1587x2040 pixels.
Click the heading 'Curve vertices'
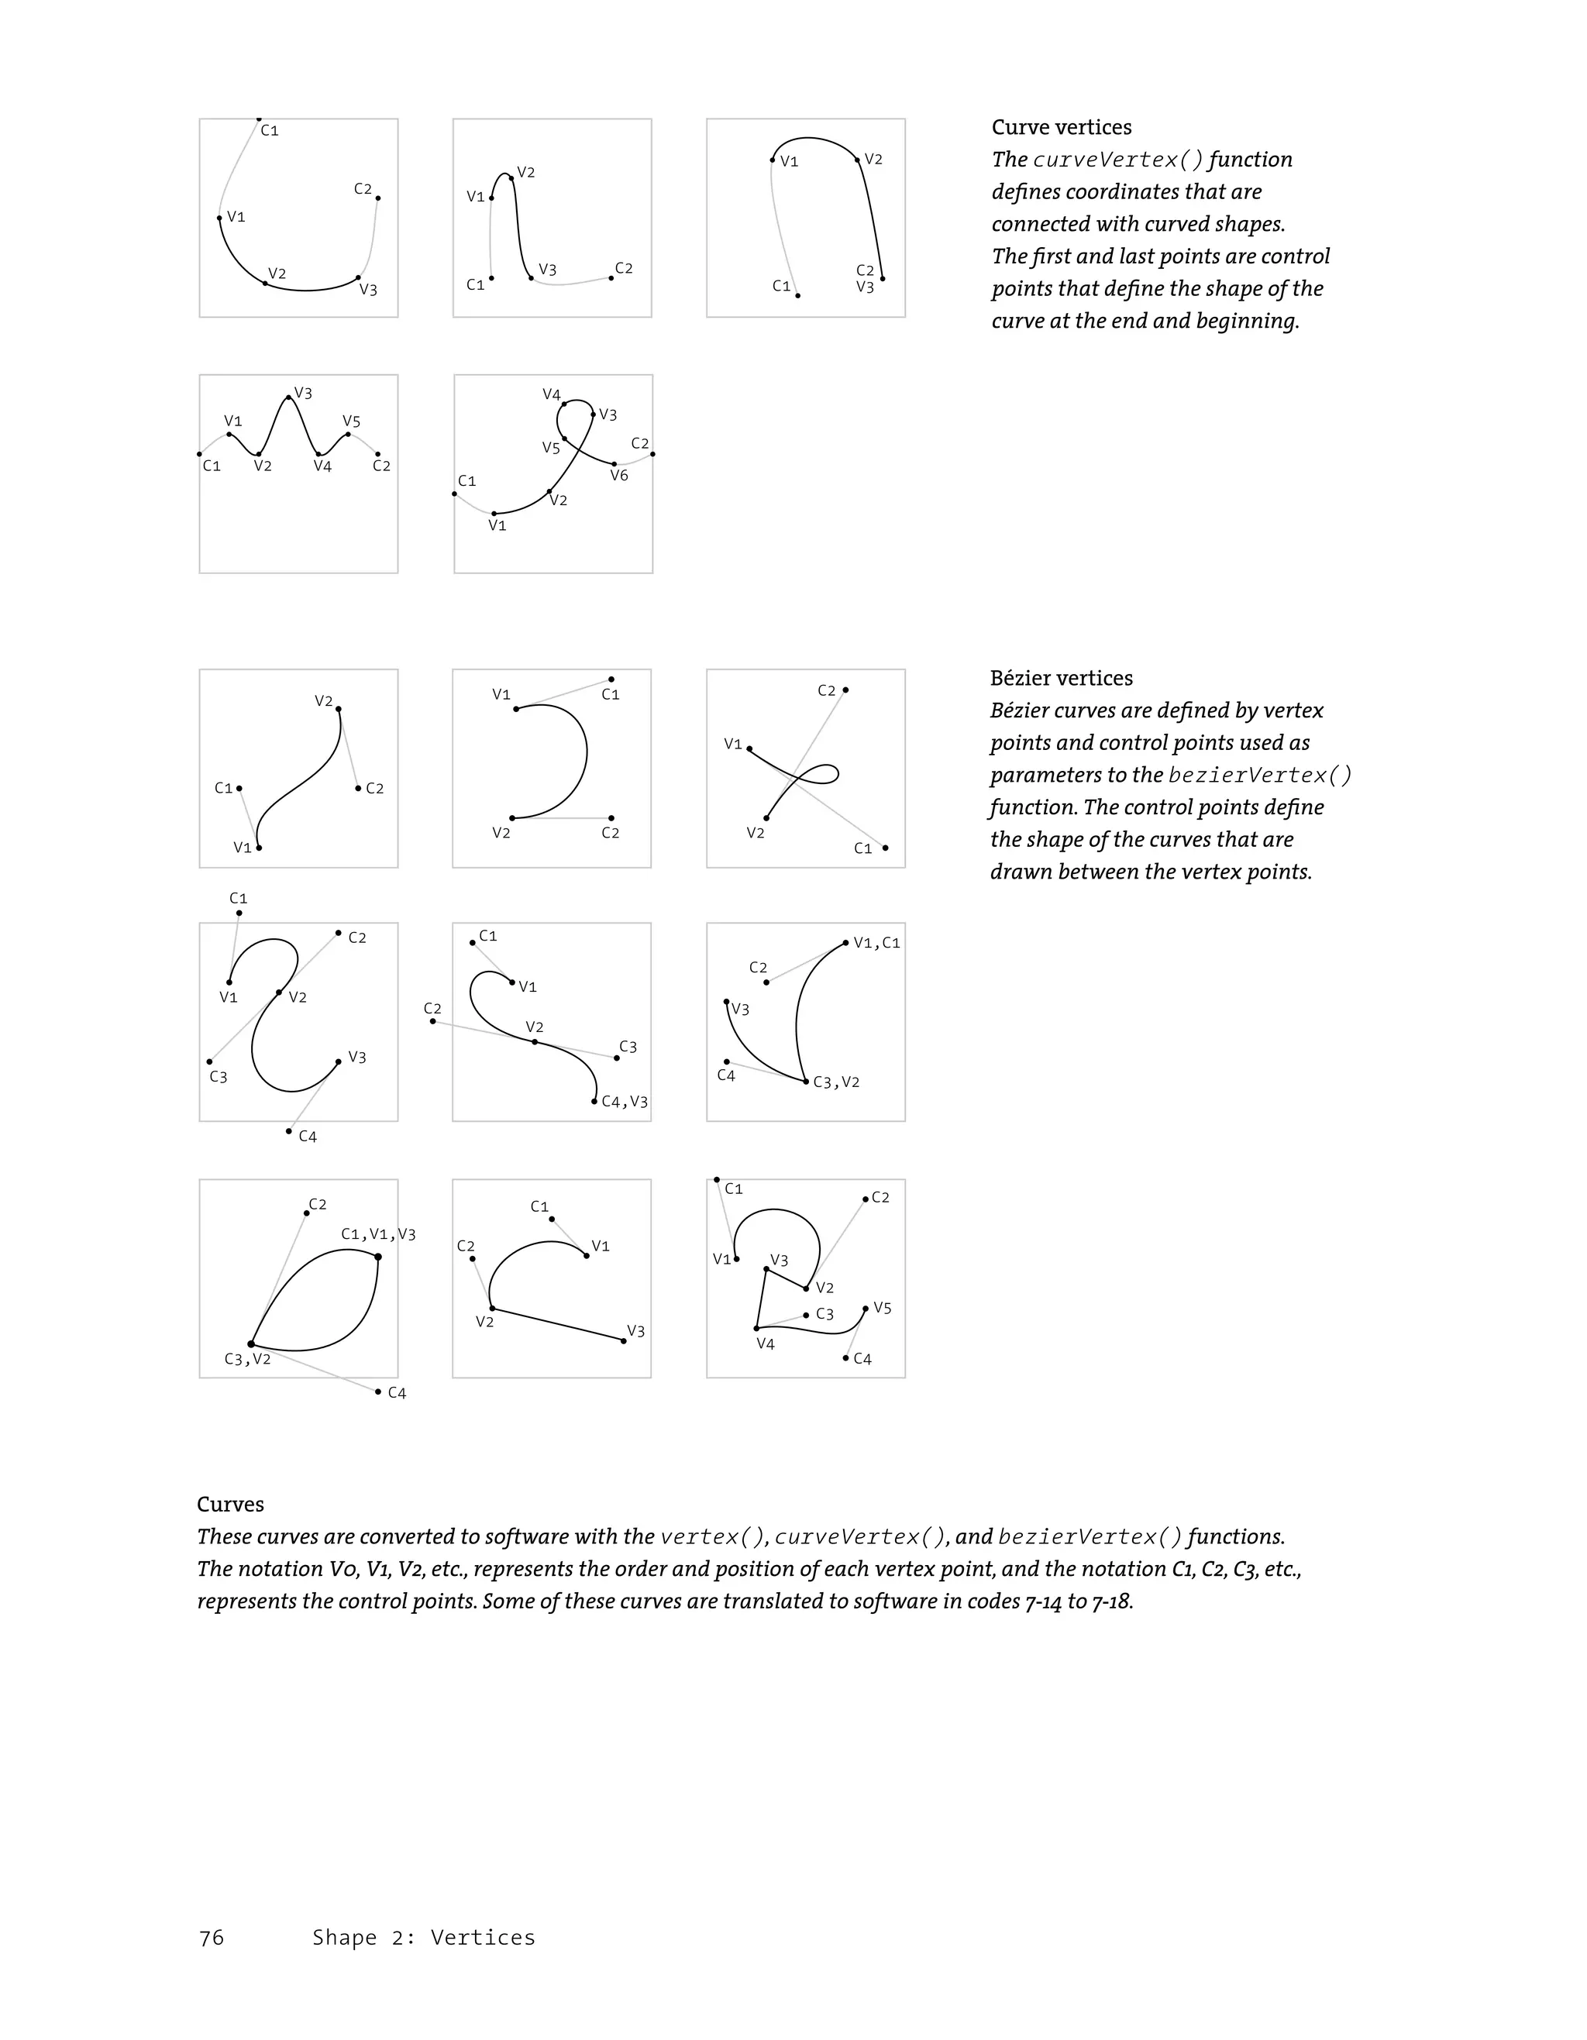(1061, 128)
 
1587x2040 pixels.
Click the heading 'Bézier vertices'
(1061, 679)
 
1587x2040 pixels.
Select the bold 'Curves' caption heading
(230, 1505)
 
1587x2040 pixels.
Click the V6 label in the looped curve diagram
(619, 476)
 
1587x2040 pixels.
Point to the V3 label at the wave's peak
(303, 394)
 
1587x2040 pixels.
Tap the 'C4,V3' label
(624, 1103)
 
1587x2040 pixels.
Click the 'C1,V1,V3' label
(378, 1234)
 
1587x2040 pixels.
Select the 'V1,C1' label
(876, 944)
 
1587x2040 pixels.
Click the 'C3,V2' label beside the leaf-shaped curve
(247, 1359)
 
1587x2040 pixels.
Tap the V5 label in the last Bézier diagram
(882, 1309)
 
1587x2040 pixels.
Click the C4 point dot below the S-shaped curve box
(288, 1131)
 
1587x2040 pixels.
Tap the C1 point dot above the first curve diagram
(259, 119)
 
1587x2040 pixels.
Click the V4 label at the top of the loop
(551, 395)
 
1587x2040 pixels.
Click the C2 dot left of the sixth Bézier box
(432, 1021)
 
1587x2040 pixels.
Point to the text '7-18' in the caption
(1110, 1602)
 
